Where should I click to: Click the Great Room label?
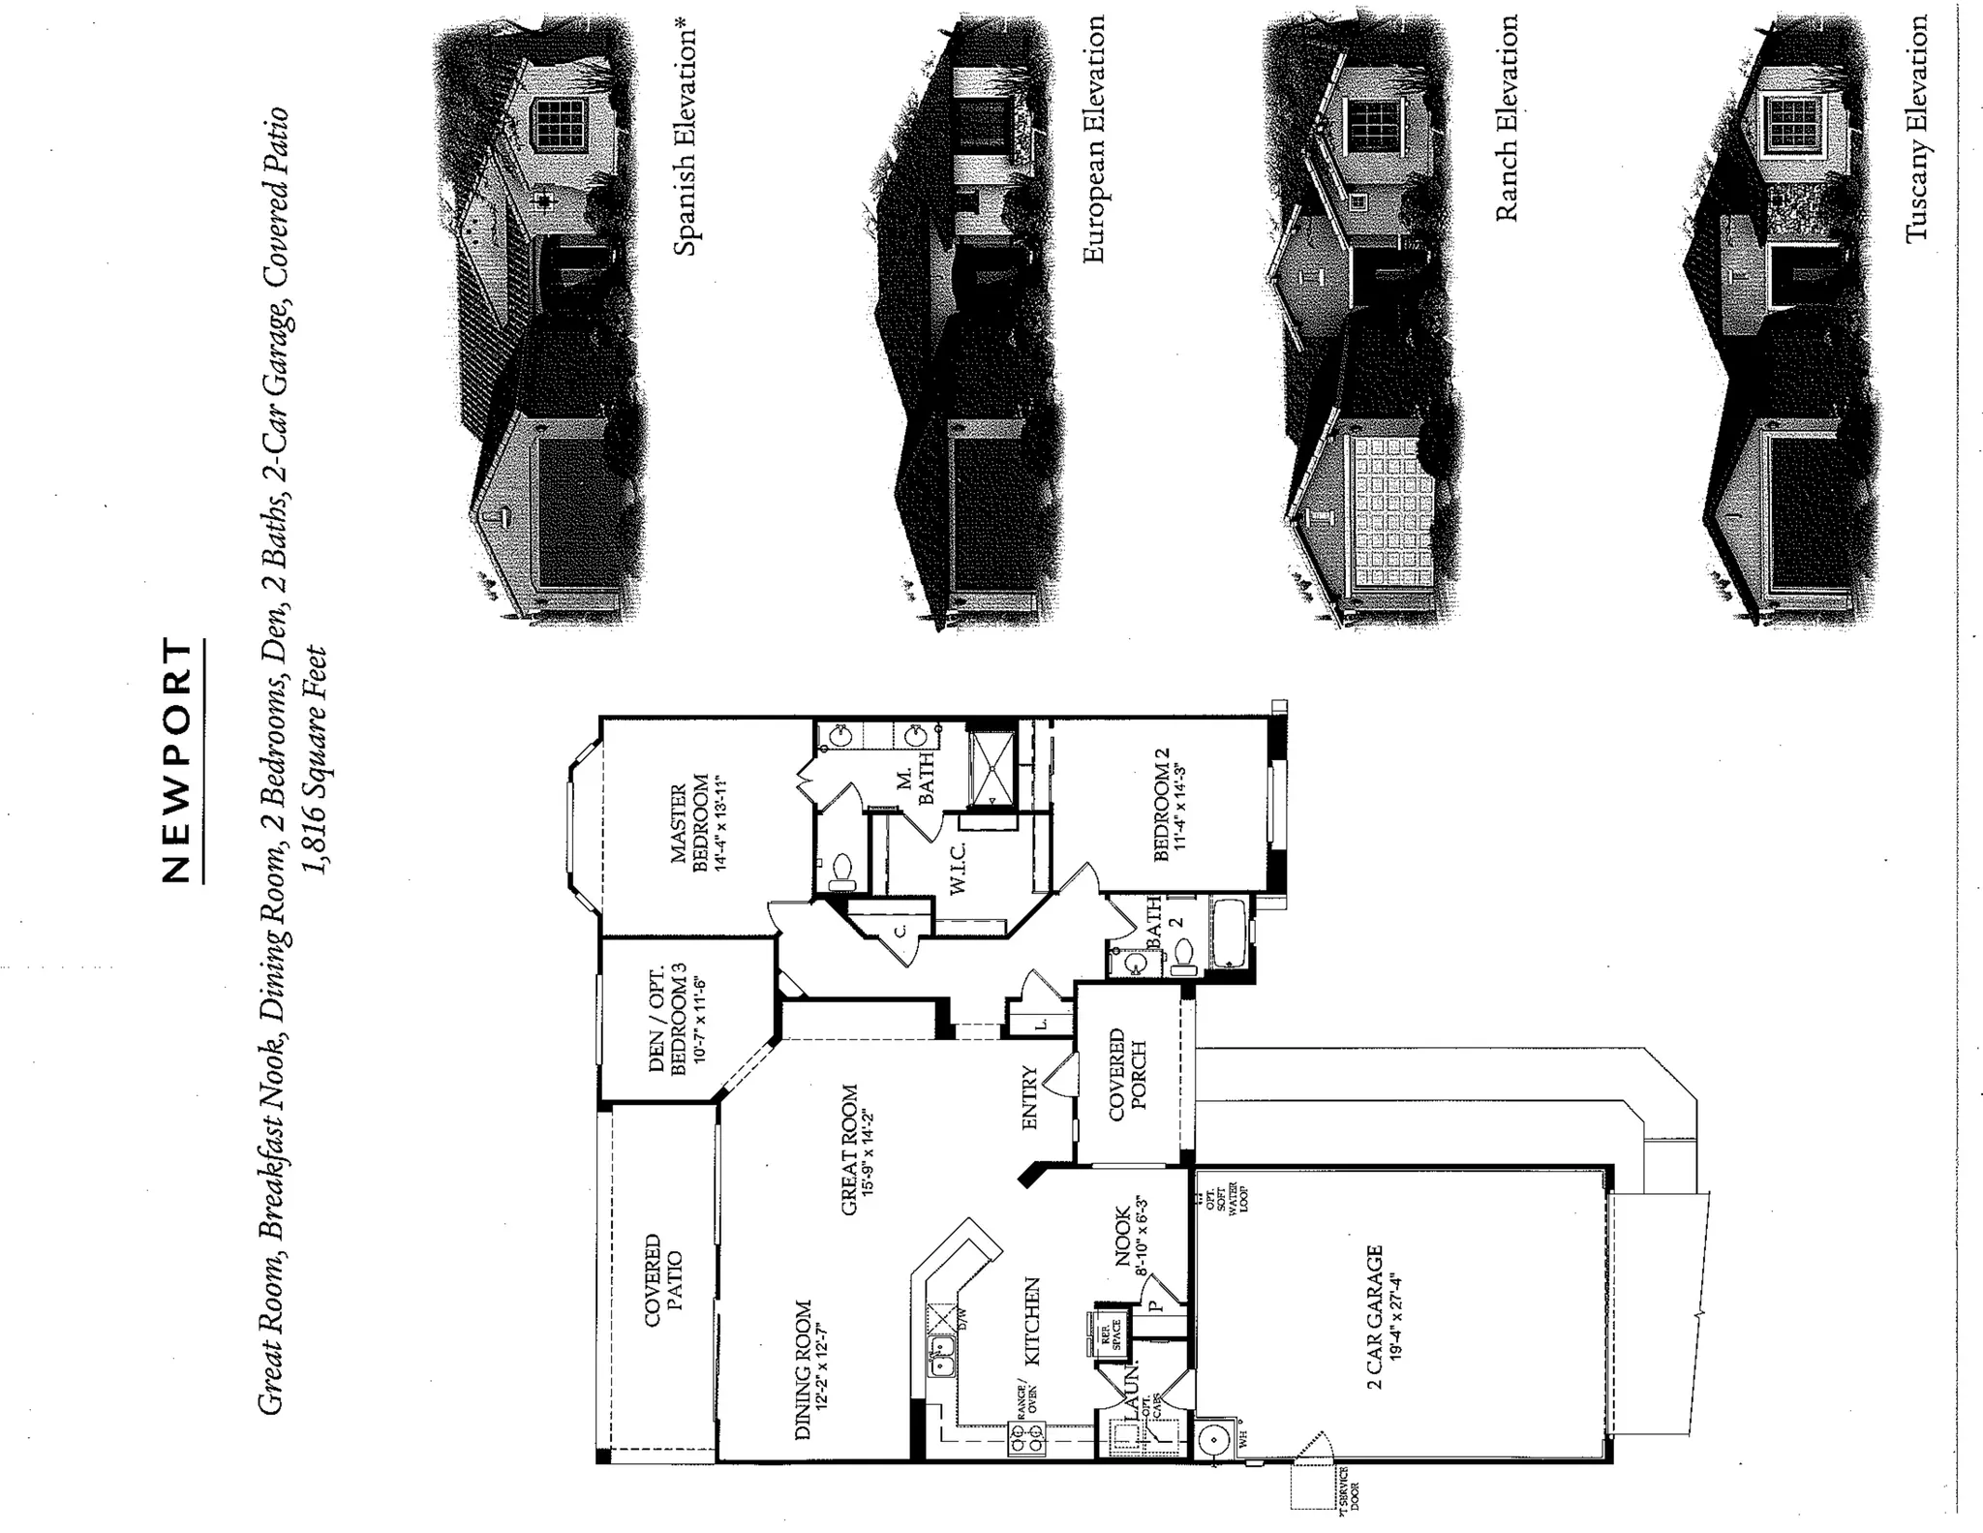click(x=857, y=1150)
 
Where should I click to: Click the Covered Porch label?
click(x=1127, y=1075)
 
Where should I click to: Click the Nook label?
click(x=1130, y=1236)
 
